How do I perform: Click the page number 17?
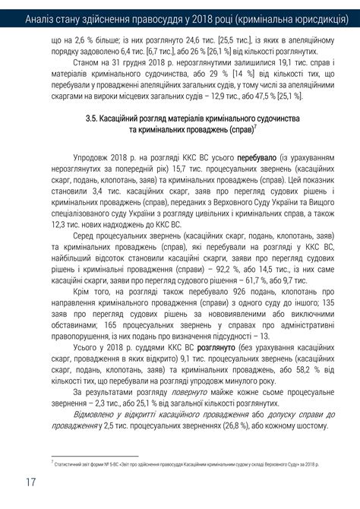point(30,482)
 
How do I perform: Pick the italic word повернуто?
point(191,392)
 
